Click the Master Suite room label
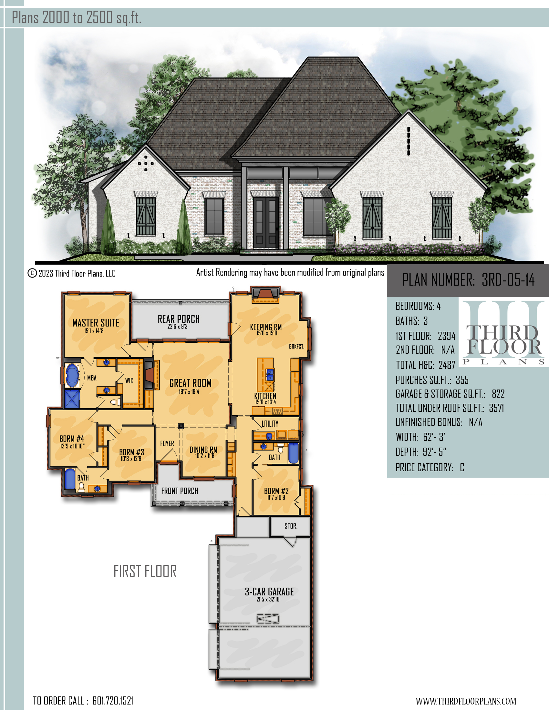click(96, 322)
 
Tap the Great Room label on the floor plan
click(190, 383)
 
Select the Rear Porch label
click(179, 319)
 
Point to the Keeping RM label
click(266, 327)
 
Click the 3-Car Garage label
click(269, 591)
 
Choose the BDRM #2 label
click(276, 491)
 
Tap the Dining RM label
click(203, 449)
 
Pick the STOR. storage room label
click(291, 526)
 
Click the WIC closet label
click(129, 380)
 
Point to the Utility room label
click(270, 424)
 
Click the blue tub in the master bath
click(72, 375)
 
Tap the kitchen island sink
click(270, 374)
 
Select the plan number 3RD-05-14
click(508, 279)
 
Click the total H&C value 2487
click(447, 365)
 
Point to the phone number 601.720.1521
click(113, 701)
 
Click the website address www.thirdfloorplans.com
click(466, 701)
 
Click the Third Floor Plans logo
click(503, 332)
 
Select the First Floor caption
click(145, 571)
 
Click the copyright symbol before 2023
click(32, 273)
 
